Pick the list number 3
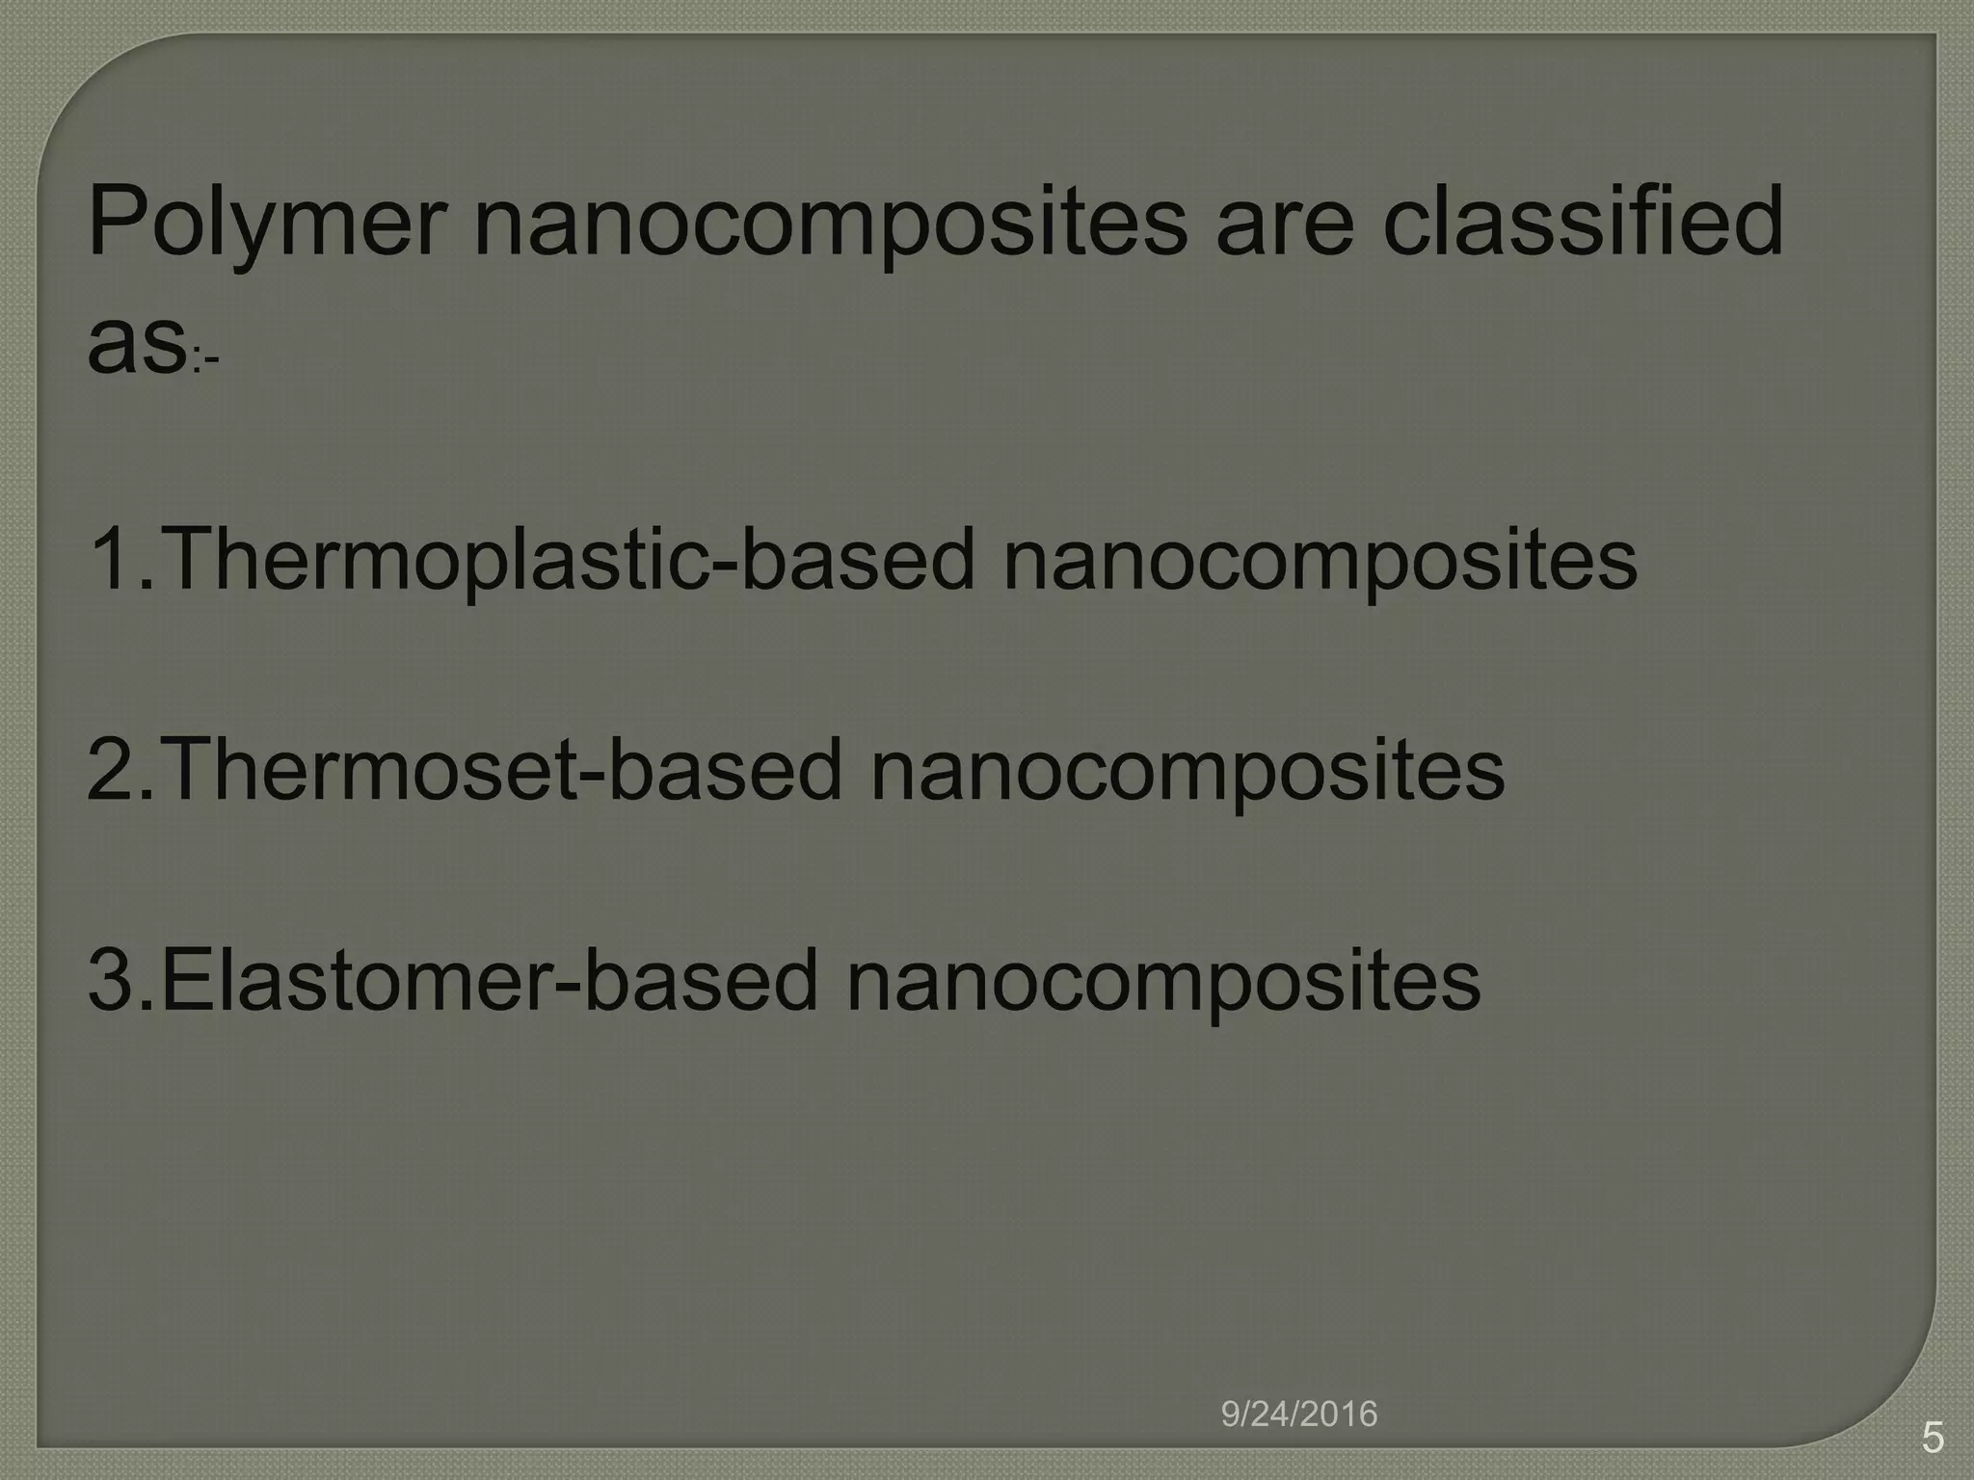point(110,980)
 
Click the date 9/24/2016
point(1299,1414)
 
